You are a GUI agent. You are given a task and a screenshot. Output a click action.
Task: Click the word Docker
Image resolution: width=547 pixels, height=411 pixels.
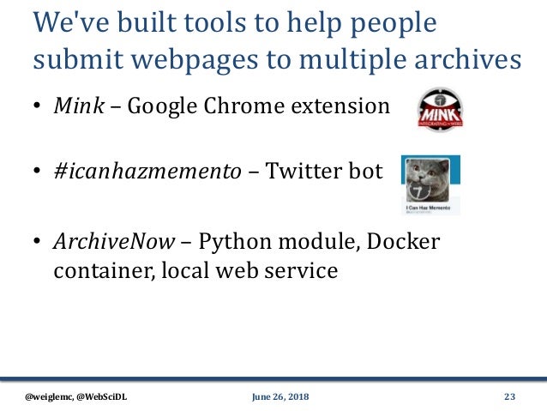pyautogui.click(x=406, y=241)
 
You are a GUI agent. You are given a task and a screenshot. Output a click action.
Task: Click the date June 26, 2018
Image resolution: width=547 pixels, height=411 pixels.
pyautogui.click(x=280, y=396)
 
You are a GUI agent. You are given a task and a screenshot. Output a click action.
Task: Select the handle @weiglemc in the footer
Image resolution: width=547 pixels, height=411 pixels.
pyautogui.click(x=49, y=396)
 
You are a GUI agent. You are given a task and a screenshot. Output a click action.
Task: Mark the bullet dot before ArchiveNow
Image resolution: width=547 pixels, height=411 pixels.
pyautogui.click(x=39, y=243)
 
